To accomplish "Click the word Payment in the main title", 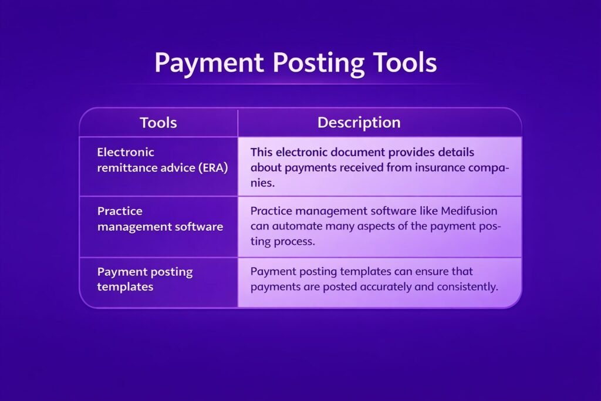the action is [210, 63].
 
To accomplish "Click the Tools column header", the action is [158, 123].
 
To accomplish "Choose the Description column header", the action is [359, 123].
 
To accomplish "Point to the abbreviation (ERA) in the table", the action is [213, 168].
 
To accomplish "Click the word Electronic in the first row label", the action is [126, 152].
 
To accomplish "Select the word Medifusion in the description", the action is [469, 211].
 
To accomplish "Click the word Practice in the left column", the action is [120, 211].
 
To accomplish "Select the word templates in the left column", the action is [126, 287].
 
